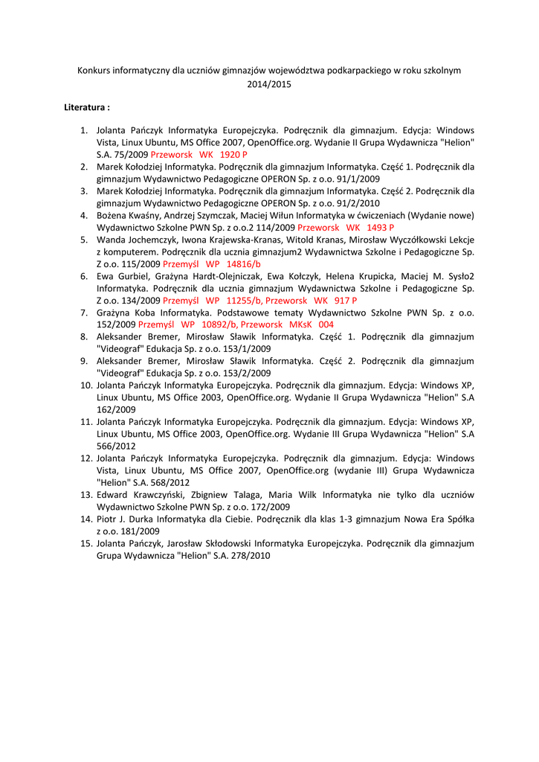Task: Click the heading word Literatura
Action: point(85,108)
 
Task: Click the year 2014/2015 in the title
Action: point(269,84)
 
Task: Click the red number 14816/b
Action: point(243,263)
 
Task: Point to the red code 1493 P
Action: point(380,227)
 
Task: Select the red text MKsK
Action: point(300,324)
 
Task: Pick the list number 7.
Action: point(85,313)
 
